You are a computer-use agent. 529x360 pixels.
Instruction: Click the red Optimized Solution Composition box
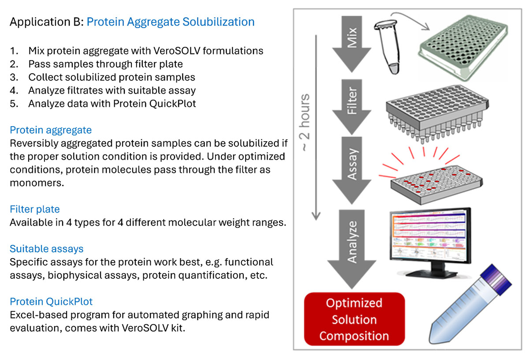coord(354,319)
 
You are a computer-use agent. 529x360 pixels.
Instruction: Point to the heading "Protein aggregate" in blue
coord(51,130)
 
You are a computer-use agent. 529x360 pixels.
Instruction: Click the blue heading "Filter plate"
coord(35,209)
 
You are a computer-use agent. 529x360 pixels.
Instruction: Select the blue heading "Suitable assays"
coord(46,249)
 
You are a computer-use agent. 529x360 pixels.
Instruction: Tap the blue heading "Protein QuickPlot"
coord(51,302)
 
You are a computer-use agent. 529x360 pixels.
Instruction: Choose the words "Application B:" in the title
coord(46,22)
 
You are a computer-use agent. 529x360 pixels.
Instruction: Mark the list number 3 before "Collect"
coord(13,77)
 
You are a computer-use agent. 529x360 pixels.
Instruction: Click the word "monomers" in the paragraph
coord(35,182)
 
